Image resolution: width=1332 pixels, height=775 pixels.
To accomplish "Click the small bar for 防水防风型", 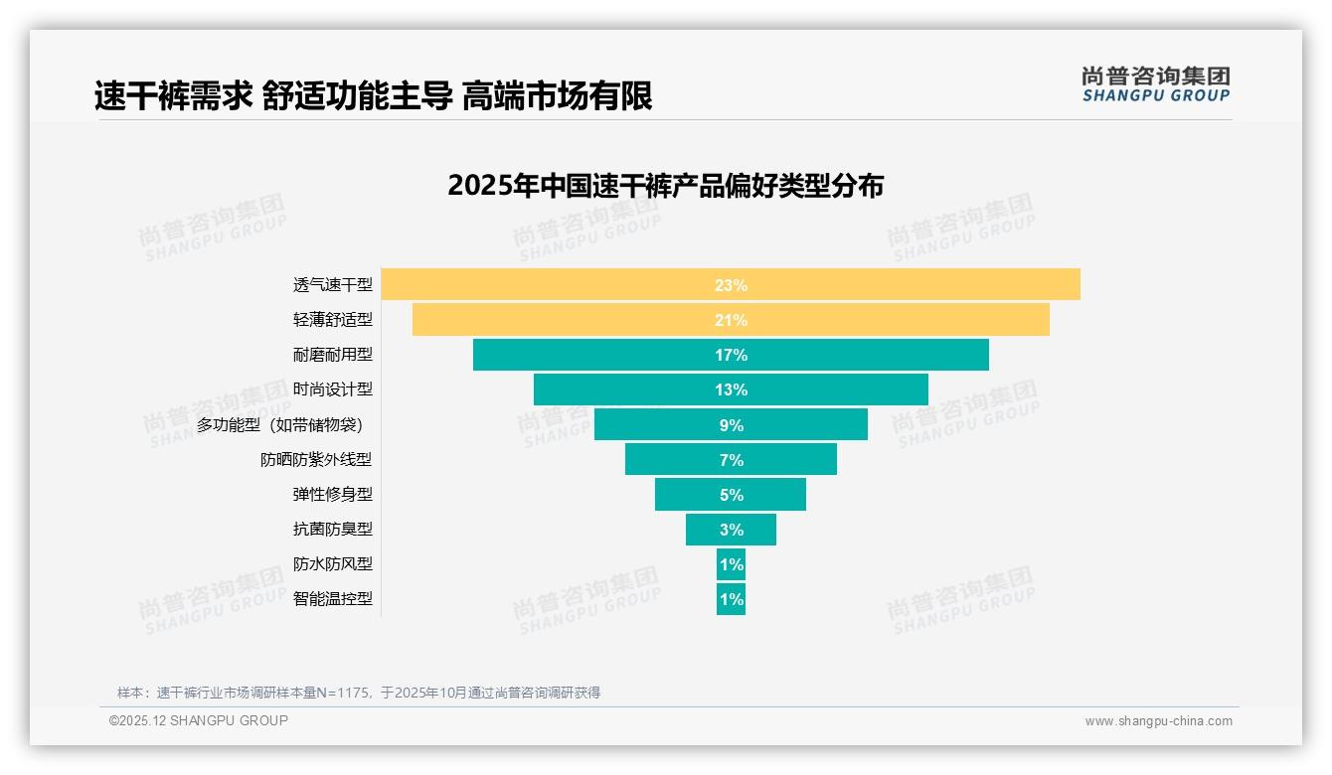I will pyautogui.click(x=731, y=564).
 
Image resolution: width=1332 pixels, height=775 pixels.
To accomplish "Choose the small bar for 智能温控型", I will pyautogui.click(x=731, y=599).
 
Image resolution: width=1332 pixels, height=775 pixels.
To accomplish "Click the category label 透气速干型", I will pyautogui.click(x=332, y=285).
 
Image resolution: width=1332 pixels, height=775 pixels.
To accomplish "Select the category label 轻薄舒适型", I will pyautogui.click(x=332, y=320).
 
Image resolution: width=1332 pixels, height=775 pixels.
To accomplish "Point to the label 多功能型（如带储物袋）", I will pyautogui.click(x=284, y=425).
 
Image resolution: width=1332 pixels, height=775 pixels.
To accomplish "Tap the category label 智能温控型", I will pyautogui.click(x=332, y=599).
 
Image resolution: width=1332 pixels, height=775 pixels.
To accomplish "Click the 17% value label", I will pyautogui.click(x=731, y=355).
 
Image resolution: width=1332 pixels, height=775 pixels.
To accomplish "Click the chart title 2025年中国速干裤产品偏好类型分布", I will pyautogui.click(x=665, y=186).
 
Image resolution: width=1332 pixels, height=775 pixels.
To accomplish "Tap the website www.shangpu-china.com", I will pyautogui.click(x=1158, y=721).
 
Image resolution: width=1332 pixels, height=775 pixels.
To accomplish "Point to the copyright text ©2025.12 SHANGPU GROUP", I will pyautogui.click(x=199, y=720).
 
